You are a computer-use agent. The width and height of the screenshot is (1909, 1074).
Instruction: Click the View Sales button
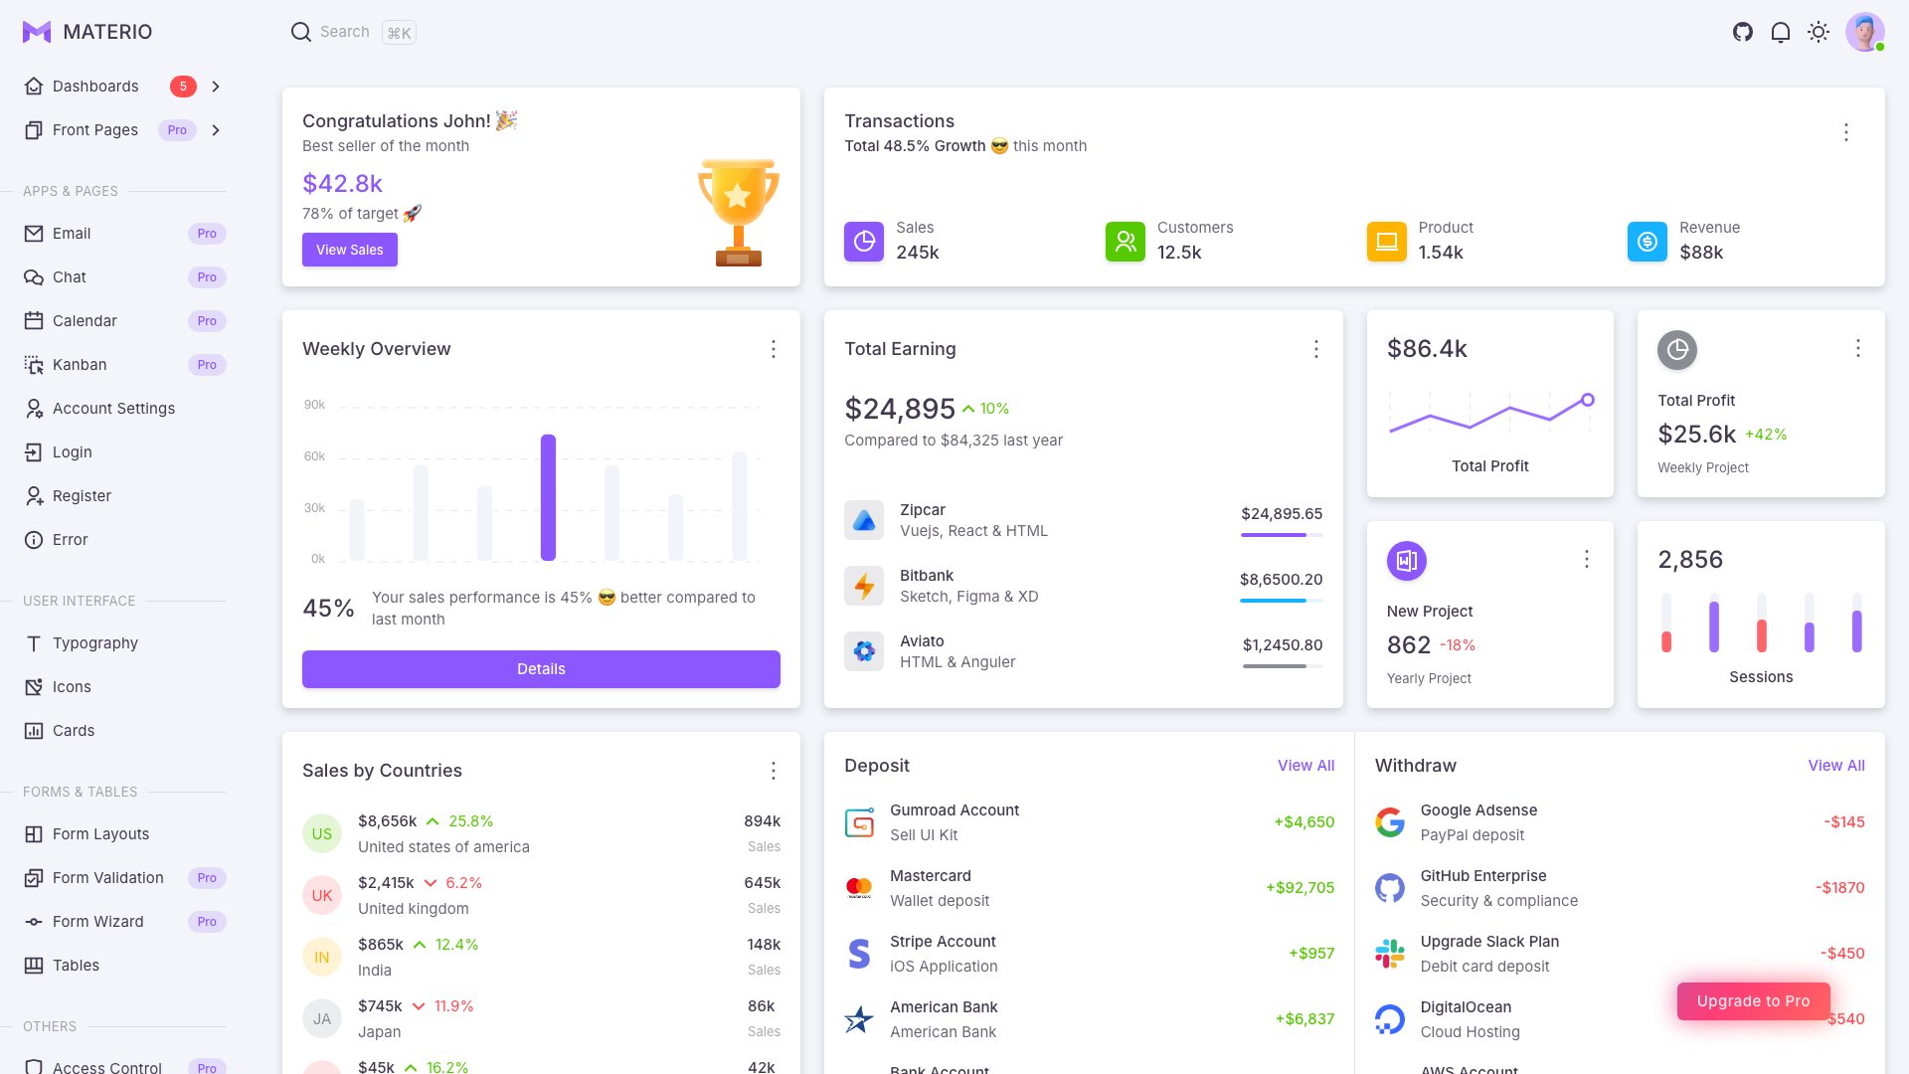pyautogui.click(x=349, y=250)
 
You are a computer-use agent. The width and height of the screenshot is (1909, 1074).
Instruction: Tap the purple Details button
pyautogui.click(x=541, y=669)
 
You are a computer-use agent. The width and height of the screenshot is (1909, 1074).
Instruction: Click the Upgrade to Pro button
pyautogui.click(x=1753, y=1001)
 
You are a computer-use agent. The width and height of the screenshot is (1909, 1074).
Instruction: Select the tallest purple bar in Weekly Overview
pyautogui.click(x=548, y=497)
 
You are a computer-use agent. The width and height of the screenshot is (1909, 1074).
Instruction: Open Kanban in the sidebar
pyautogui.click(x=80, y=365)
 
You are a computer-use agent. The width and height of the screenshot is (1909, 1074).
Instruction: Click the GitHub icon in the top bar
pyautogui.click(x=1742, y=32)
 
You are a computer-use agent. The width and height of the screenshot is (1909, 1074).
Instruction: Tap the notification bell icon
pyautogui.click(x=1780, y=32)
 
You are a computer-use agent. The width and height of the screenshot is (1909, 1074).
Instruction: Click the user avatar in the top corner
pyautogui.click(x=1864, y=32)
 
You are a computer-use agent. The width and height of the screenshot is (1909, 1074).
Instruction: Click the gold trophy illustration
pyautogui.click(x=738, y=212)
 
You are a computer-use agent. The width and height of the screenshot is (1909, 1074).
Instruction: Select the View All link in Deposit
pyautogui.click(x=1305, y=766)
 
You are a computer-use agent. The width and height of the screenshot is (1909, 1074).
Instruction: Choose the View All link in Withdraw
pyautogui.click(x=1835, y=766)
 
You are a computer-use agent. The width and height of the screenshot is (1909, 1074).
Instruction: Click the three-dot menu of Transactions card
pyautogui.click(x=1845, y=132)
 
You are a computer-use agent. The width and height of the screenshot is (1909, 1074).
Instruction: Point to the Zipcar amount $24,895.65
pyautogui.click(x=1282, y=514)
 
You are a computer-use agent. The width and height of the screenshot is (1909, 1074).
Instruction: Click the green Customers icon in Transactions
pyautogui.click(x=1125, y=242)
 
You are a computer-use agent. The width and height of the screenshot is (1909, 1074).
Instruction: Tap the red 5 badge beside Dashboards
pyautogui.click(x=183, y=87)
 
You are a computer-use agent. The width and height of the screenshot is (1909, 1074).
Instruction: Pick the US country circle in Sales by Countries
pyautogui.click(x=321, y=833)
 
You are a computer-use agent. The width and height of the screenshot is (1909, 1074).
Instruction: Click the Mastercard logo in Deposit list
pyautogui.click(x=859, y=887)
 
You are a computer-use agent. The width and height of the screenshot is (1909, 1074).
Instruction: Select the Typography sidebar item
pyautogui.click(x=94, y=643)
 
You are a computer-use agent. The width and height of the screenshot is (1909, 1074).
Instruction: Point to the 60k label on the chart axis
pyautogui.click(x=314, y=456)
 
